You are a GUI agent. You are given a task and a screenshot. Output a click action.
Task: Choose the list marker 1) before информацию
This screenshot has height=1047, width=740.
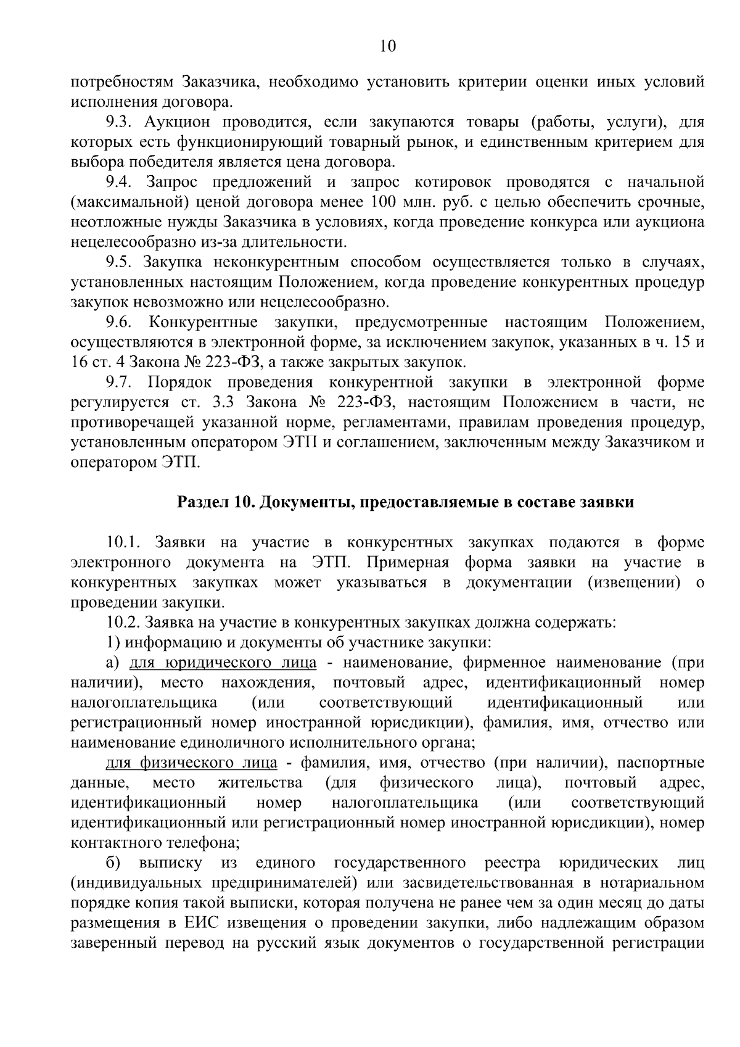click(x=112, y=642)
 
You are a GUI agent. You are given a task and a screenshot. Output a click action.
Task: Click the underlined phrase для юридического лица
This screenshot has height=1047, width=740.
click(x=223, y=663)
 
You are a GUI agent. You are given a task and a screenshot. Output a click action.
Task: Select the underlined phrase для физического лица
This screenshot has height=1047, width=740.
click(x=192, y=763)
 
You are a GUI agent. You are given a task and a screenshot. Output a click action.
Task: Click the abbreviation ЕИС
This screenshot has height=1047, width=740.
click(x=201, y=923)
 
